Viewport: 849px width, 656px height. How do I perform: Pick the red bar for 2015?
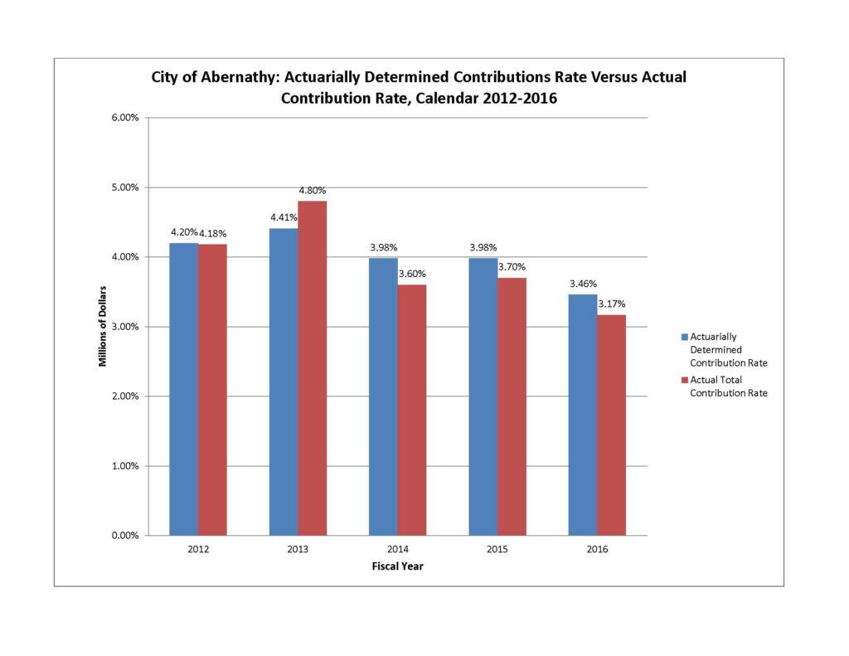pyautogui.click(x=512, y=406)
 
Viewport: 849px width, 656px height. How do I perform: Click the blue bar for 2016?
pyautogui.click(x=582, y=414)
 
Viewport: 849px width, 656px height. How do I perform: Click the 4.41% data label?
pyautogui.click(x=284, y=219)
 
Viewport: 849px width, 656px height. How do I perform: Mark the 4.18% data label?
pyautogui.click(x=212, y=234)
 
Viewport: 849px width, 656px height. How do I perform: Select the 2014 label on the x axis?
pyautogui.click(x=397, y=550)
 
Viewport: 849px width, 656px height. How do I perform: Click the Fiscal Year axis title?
pyautogui.click(x=397, y=566)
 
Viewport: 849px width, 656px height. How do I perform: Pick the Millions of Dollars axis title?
pyautogui.click(x=103, y=326)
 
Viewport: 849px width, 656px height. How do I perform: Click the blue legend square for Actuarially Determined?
pyautogui.click(x=684, y=338)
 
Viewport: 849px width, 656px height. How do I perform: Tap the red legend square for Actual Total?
pyautogui.click(x=684, y=380)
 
